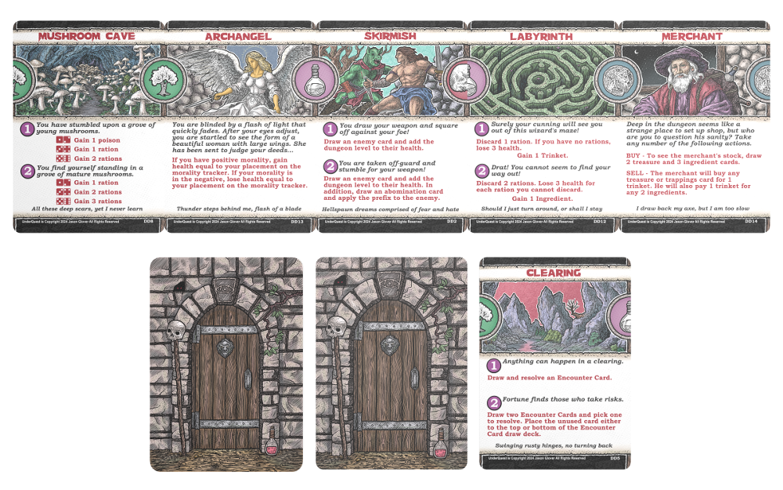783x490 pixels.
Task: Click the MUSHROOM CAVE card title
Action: (x=87, y=36)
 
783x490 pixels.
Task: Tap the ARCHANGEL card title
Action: (x=238, y=36)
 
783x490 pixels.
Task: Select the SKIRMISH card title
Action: (x=390, y=36)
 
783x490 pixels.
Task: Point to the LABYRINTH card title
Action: (x=543, y=36)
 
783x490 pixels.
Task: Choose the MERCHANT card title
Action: (x=691, y=36)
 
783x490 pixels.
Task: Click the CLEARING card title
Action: (x=554, y=273)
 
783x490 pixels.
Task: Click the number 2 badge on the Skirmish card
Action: (x=330, y=165)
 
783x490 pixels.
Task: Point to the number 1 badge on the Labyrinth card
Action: (x=483, y=128)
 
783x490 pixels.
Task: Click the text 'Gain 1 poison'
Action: (x=98, y=140)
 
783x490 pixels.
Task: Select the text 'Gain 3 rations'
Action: (x=99, y=201)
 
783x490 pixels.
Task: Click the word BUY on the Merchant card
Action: (x=635, y=155)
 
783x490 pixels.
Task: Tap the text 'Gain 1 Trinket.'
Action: (x=544, y=156)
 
